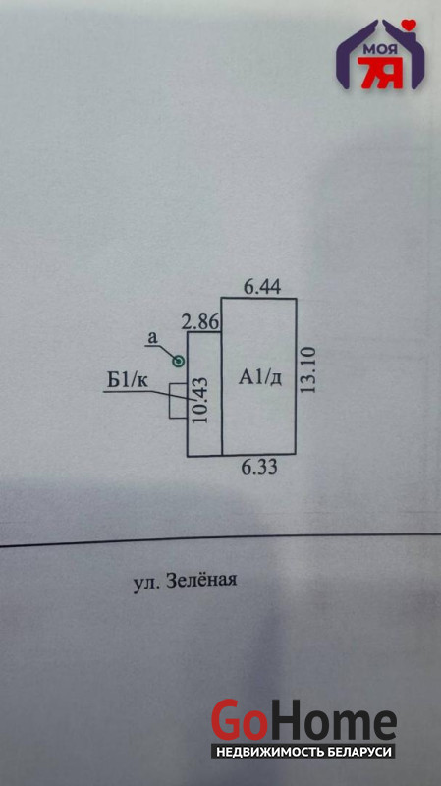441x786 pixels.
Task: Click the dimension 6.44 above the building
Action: pos(262,287)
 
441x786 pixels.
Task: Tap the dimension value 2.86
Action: pos(200,322)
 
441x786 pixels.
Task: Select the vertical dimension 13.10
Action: pos(309,370)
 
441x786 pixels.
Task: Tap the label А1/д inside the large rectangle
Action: pos(259,377)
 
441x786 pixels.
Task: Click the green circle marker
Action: pos(179,361)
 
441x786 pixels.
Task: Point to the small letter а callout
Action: pos(151,338)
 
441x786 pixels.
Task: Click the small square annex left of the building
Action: pos(178,401)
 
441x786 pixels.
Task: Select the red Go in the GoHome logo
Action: pos(239,721)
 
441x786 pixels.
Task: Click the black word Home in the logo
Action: pos(332,721)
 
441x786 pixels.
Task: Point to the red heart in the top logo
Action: pos(411,24)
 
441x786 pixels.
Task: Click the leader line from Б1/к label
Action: pos(149,395)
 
